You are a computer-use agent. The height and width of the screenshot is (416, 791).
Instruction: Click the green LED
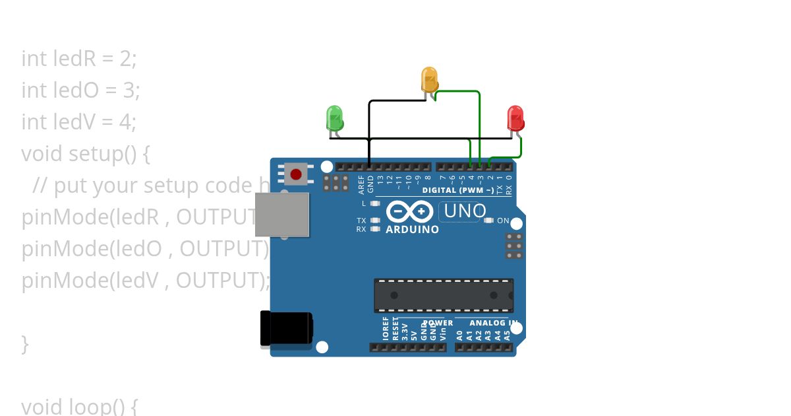(x=335, y=118)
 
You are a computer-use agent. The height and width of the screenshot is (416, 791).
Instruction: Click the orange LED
(x=429, y=79)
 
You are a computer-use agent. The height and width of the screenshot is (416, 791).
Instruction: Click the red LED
(x=515, y=118)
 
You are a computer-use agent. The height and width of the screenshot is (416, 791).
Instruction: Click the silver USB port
(x=282, y=215)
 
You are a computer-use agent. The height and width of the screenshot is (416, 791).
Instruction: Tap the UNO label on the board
(x=465, y=211)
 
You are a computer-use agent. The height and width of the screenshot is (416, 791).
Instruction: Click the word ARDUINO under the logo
(x=412, y=230)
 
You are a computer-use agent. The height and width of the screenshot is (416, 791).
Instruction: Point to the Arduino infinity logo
(x=409, y=211)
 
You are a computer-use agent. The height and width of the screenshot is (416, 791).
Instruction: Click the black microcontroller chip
(x=444, y=295)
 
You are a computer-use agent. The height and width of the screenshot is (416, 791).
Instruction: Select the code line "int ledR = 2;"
(x=79, y=59)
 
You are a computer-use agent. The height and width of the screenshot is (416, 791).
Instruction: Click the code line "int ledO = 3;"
(x=80, y=90)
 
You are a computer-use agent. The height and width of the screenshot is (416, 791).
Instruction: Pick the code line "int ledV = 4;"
(x=78, y=121)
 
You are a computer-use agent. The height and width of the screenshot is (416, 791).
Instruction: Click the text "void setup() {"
(x=86, y=153)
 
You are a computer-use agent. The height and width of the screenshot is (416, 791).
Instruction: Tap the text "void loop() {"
(x=79, y=405)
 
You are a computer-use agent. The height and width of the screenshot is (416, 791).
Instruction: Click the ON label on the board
(x=503, y=221)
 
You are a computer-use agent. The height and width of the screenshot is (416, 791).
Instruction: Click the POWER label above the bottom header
(x=438, y=323)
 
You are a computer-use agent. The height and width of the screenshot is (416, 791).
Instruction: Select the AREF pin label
(x=361, y=183)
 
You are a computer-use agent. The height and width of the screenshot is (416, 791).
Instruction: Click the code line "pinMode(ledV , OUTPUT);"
(x=146, y=281)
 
